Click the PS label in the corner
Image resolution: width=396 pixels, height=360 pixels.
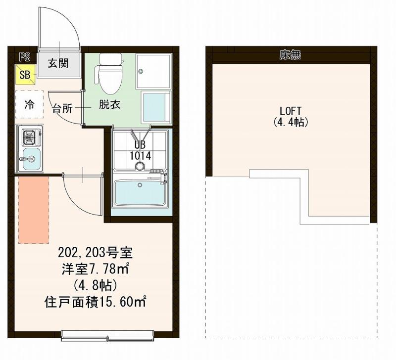point(25,57)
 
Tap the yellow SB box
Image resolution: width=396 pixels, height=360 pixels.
point(25,74)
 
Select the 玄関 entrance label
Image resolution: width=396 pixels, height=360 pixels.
point(58,63)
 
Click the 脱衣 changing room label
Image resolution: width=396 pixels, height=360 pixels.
point(109,104)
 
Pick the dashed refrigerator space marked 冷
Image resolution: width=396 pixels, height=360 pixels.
point(29,104)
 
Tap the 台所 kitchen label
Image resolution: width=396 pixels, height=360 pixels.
point(62,109)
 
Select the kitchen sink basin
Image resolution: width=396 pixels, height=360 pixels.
point(31,159)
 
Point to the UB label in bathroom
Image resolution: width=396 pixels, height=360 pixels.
point(140,145)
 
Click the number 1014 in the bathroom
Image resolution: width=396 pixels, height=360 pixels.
point(140,156)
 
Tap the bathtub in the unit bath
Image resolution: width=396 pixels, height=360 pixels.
point(140,192)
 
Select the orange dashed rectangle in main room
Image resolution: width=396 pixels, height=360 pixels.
point(34,210)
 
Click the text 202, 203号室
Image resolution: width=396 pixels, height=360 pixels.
point(95,253)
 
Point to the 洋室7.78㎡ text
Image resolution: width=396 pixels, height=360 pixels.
point(96,269)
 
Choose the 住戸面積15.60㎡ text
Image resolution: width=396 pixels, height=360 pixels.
point(95,302)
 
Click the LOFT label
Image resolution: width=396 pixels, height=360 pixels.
point(291,111)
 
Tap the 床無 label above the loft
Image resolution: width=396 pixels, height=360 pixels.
point(290,54)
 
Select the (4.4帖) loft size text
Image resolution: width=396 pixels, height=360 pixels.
point(291,122)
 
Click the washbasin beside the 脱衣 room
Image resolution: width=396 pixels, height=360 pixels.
point(156,107)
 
